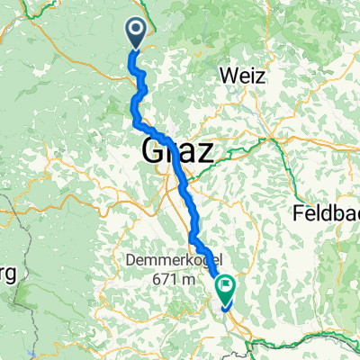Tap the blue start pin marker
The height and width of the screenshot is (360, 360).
[137, 34]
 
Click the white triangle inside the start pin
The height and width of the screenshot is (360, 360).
[137, 31]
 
